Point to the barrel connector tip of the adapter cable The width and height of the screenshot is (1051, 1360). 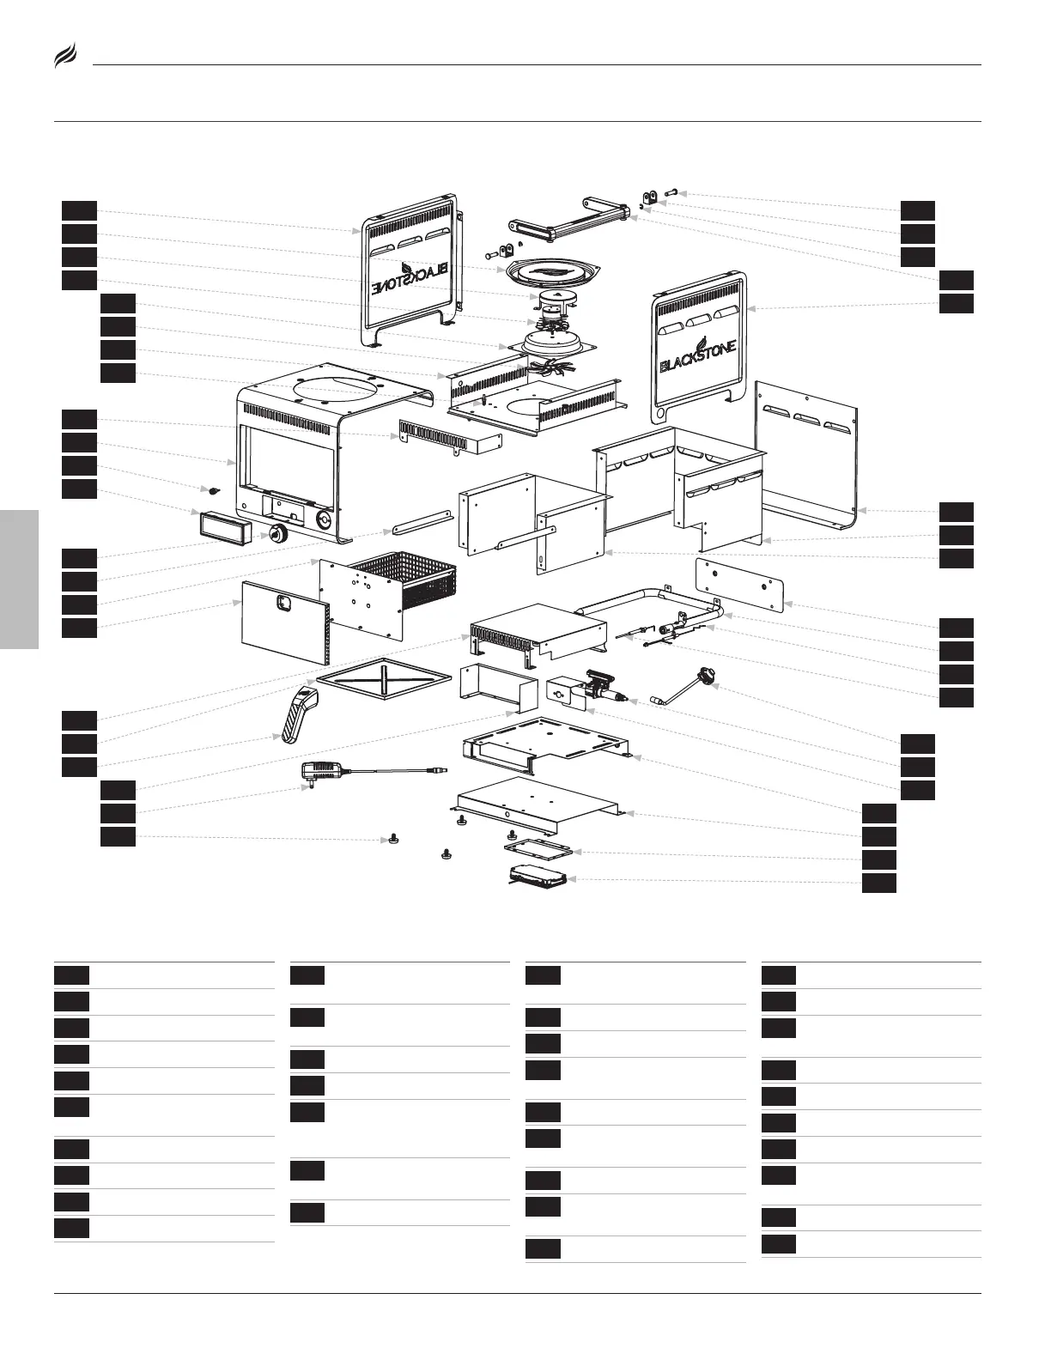click(x=443, y=771)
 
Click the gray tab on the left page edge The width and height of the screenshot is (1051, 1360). click(x=19, y=579)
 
